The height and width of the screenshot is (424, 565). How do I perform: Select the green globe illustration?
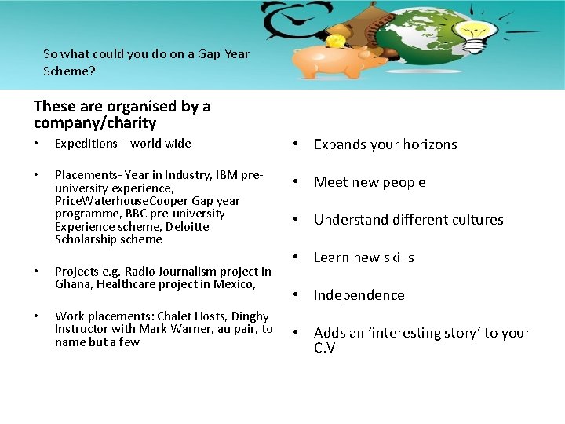pos(427,39)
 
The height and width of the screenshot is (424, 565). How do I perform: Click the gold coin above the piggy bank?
pos(336,40)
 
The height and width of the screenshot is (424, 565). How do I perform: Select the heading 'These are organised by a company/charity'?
pos(122,115)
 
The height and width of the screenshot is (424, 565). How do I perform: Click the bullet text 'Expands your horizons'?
pos(385,144)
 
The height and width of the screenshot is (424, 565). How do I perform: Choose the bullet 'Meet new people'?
pos(370,182)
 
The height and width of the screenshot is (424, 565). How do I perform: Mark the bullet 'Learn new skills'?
pos(364,258)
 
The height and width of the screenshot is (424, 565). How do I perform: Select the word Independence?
pos(359,295)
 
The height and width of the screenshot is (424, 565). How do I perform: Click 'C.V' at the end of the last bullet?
pos(324,348)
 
